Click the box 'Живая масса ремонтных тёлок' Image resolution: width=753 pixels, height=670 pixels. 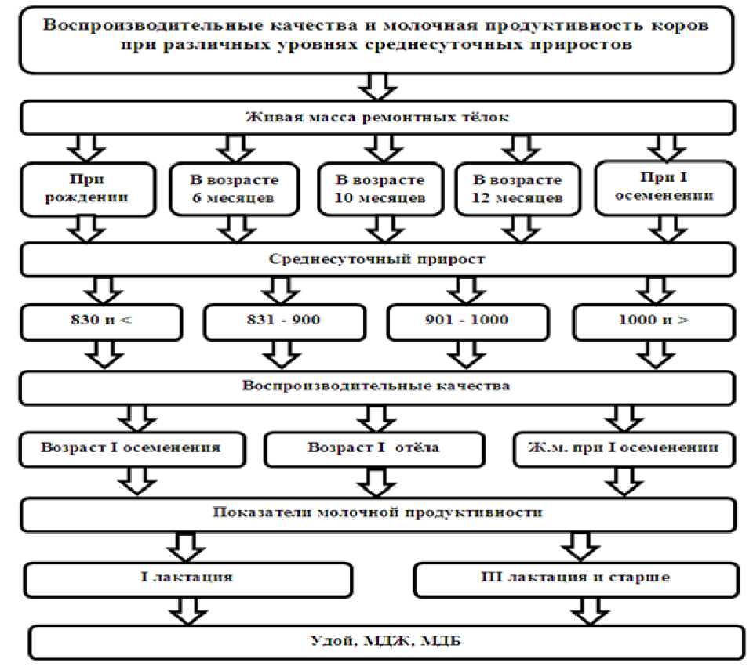376,118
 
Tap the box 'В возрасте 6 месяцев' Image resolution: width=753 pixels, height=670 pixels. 234,188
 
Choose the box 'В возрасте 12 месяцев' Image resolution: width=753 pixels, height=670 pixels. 517,188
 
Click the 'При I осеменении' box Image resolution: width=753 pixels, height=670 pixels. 665,187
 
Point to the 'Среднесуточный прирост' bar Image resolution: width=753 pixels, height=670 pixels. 376,259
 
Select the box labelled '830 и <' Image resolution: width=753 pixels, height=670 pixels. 101,321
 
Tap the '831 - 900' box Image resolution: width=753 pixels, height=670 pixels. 284,321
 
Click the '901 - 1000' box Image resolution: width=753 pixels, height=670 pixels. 467,321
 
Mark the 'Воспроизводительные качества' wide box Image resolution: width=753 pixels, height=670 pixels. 376,386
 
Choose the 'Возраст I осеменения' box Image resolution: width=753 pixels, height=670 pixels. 130,449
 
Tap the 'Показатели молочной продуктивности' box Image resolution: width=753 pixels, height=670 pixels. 376,513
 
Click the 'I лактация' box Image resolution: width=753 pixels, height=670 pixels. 187,578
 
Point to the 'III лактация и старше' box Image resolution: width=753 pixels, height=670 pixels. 574,578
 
